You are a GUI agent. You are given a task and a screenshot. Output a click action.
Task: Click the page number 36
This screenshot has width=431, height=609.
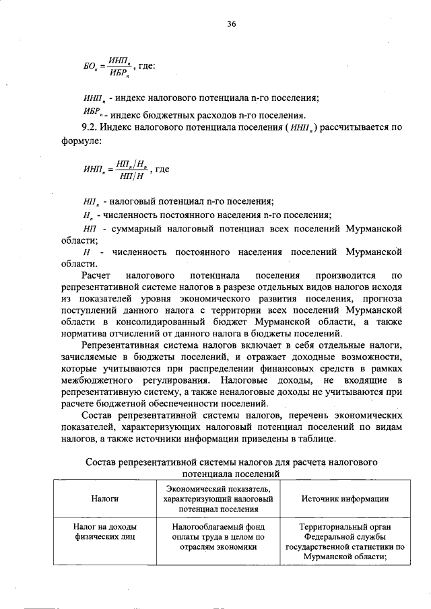click(231, 24)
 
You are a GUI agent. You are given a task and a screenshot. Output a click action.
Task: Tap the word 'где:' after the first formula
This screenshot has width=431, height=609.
click(146, 66)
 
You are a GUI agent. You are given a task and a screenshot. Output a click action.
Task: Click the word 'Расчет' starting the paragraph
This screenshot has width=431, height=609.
click(96, 276)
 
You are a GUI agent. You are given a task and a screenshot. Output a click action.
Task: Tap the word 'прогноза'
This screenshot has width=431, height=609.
click(382, 300)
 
